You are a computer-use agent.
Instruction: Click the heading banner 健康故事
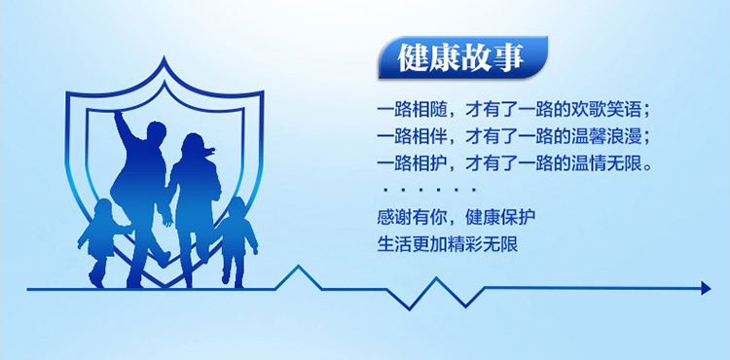point(462,57)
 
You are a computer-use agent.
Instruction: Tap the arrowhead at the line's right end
point(707,288)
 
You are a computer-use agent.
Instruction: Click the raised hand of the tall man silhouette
point(120,117)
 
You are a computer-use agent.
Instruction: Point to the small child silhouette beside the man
point(99,242)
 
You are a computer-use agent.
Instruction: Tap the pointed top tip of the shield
point(164,57)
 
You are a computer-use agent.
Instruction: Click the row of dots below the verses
point(429,190)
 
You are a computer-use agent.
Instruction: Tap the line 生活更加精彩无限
point(448,244)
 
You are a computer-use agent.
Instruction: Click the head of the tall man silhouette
point(156,132)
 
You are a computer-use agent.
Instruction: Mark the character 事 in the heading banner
point(509,57)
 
